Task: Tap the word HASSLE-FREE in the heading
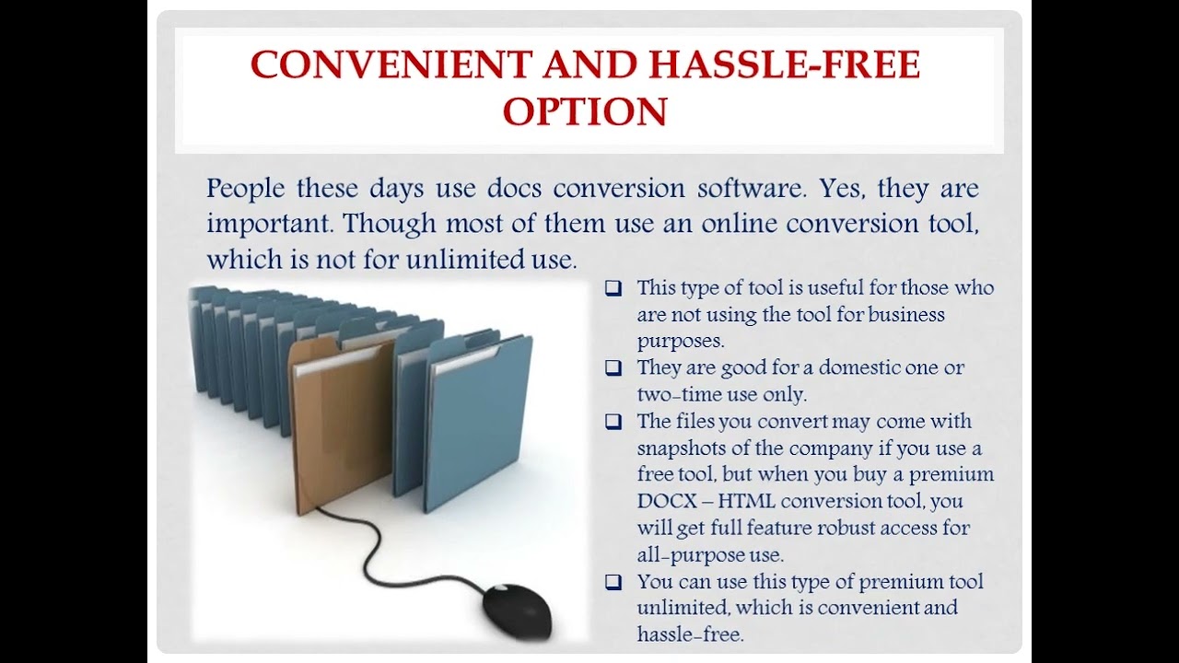[x=786, y=65]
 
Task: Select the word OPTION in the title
[x=585, y=111]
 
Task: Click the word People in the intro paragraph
[x=245, y=189]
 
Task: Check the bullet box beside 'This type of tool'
[x=613, y=288]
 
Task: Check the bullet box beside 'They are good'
[x=613, y=368]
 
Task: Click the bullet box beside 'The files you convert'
[x=613, y=422]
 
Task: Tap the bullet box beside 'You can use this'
[x=613, y=582]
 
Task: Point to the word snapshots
[x=681, y=448]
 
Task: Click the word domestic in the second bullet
[x=834, y=367]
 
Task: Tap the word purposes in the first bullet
[x=681, y=341]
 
